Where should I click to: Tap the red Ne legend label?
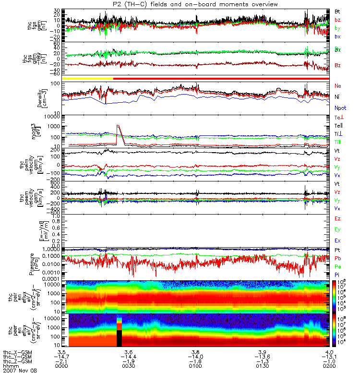[337, 85]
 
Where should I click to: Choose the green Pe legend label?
[337, 266]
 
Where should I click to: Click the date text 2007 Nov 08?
[20, 371]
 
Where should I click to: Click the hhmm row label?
[11, 366]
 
